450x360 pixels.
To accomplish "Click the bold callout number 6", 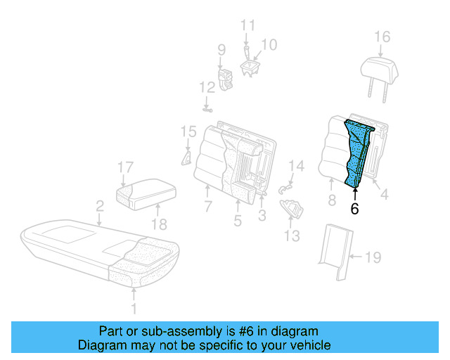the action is point(355,209).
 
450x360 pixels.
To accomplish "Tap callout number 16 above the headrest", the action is point(381,37).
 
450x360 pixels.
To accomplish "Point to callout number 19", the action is point(373,258).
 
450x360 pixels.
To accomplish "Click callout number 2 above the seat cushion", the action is point(100,206).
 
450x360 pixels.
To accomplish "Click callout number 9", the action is point(221,50).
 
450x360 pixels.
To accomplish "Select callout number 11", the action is point(247,25).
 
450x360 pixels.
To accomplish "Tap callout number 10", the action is point(269,44).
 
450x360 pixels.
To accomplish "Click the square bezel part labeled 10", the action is point(250,66).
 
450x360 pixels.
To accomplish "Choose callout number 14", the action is point(297,167).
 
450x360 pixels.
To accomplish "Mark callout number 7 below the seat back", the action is point(207,207).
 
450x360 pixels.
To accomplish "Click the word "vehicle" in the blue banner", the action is point(307,345).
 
